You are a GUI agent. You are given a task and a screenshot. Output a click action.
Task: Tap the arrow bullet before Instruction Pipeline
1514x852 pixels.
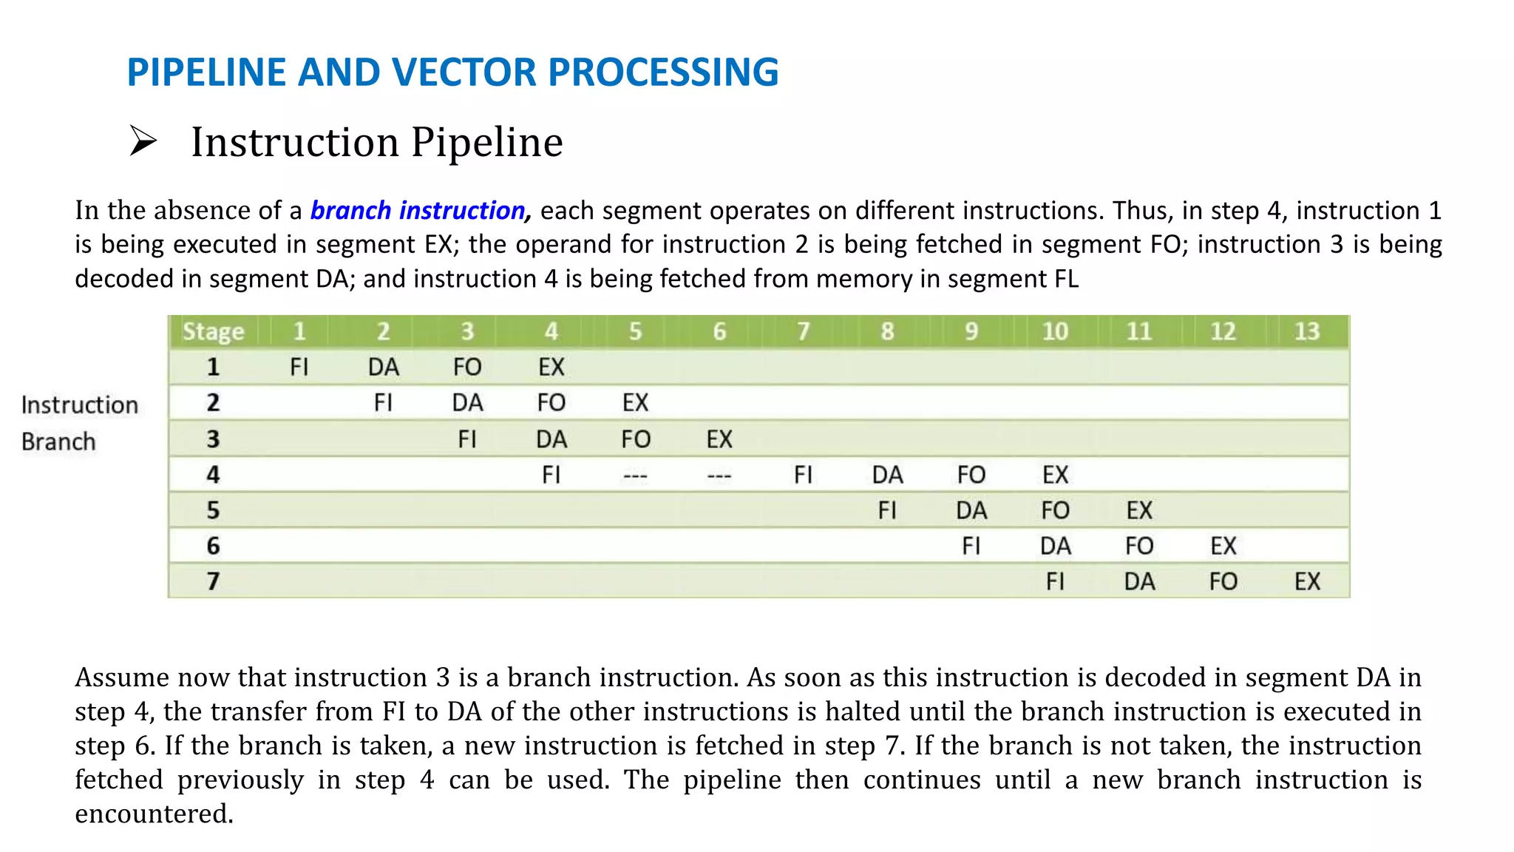(x=143, y=141)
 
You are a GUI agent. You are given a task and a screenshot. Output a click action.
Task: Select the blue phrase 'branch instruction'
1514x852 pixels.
(x=418, y=211)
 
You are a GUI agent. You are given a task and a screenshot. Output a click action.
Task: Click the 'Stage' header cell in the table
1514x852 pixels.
(x=213, y=331)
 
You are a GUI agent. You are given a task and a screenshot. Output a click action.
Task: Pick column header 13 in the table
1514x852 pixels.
(x=1306, y=331)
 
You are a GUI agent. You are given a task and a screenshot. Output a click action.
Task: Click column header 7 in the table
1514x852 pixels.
(x=803, y=331)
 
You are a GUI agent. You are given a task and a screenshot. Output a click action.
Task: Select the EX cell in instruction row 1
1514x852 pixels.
(x=551, y=367)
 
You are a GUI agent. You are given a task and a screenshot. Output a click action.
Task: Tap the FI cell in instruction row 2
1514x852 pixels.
(x=383, y=402)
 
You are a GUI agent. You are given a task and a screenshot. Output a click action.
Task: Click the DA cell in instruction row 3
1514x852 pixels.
(x=551, y=439)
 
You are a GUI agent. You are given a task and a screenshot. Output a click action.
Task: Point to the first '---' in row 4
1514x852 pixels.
(x=635, y=476)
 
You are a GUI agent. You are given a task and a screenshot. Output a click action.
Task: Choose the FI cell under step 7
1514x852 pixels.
(x=803, y=475)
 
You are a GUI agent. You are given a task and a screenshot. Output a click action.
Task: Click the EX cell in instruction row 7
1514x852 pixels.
(x=1306, y=581)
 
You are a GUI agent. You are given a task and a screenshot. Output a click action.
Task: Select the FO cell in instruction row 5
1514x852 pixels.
(x=1055, y=510)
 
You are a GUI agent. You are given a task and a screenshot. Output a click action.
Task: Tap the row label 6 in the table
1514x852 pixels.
(x=213, y=546)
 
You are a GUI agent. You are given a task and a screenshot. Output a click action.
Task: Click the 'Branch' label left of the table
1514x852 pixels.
(x=58, y=442)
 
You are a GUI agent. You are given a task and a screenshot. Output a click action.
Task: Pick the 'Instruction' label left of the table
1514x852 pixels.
(x=80, y=405)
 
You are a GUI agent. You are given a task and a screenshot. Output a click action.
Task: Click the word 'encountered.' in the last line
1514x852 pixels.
(x=154, y=814)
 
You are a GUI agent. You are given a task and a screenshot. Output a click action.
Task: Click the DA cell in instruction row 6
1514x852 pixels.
(x=1055, y=546)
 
